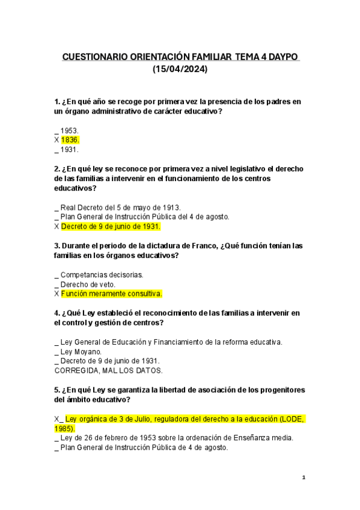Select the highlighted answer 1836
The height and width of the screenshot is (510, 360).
pos(70,140)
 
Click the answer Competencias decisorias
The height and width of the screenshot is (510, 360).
pos(102,274)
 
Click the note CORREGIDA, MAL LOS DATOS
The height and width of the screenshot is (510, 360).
pos(108,370)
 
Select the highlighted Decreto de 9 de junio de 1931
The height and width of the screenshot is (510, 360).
pos(111,227)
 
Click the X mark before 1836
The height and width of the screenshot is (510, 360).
pos(56,140)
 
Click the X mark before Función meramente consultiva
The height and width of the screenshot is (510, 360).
pos(56,294)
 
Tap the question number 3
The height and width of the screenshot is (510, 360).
pos(56,245)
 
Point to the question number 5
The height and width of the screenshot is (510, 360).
pos(56,390)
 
